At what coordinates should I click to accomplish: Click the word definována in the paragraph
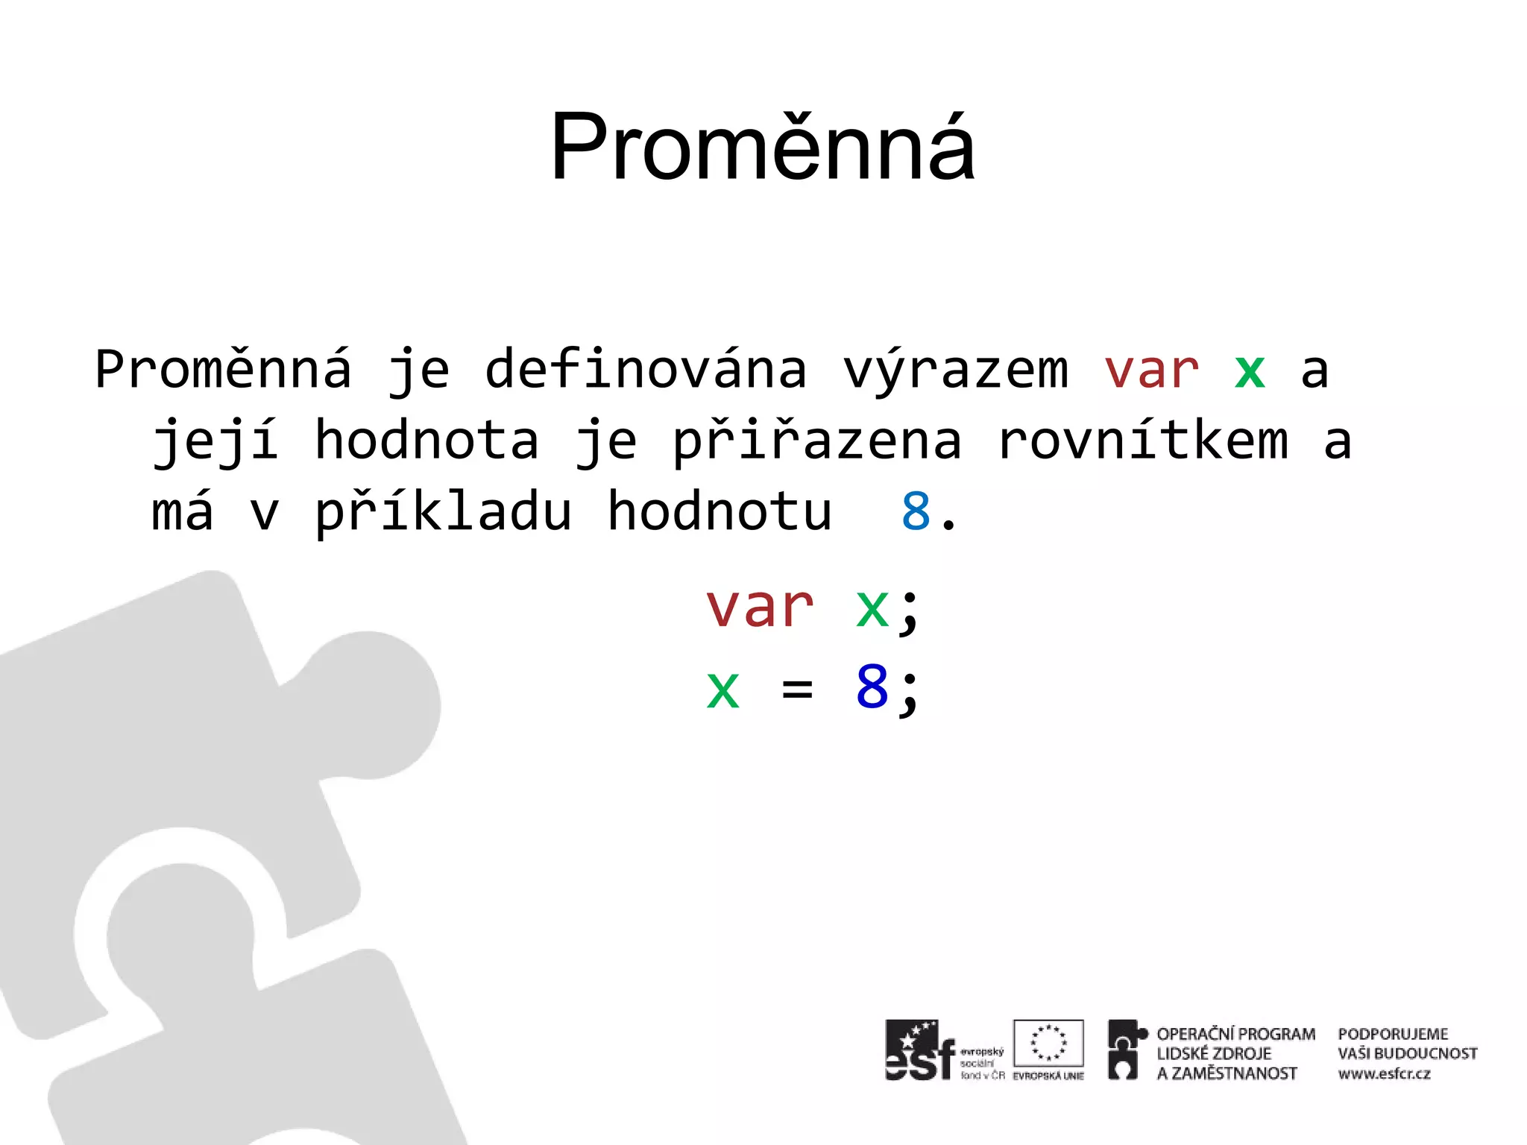click(646, 370)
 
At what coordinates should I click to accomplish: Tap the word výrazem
click(955, 371)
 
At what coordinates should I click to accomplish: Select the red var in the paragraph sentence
click(1151, 370)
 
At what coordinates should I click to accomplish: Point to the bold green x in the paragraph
click(1250, 370)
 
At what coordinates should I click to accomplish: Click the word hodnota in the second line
click(426, 440)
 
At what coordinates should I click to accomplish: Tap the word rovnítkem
click(1143, 440)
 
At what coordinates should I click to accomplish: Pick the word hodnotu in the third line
click(720, 511)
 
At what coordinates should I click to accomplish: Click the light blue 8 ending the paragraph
click(916, 512)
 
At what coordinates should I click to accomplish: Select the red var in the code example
click(760, 607)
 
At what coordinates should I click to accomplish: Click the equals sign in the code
click(797, 688)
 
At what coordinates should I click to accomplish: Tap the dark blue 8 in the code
click(872, 687)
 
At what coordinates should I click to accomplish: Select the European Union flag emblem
click(1048, 1044)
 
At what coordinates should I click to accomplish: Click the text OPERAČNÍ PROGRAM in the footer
click(1235, 1034)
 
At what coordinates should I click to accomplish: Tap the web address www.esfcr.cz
click(1384, 1074)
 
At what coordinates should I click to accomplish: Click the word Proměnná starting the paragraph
click(223, 370)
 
